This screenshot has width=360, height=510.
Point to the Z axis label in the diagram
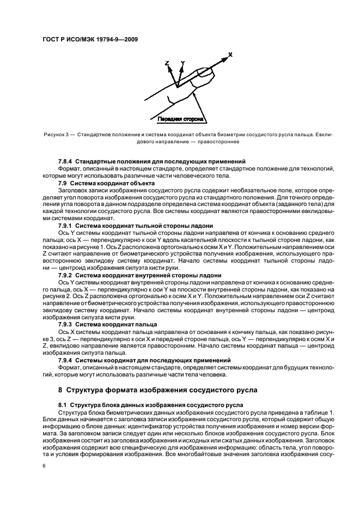coord(167,64)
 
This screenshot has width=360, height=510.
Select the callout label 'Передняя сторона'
coord(180,118)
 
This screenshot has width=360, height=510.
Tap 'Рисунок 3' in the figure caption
coord(57,133)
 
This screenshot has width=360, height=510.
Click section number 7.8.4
coord(66,162)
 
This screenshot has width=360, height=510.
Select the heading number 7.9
coord(63,182)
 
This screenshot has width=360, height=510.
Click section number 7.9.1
coord(66,224)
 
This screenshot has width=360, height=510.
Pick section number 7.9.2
coord(66,275)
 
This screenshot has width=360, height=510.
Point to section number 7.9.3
coord(66,324)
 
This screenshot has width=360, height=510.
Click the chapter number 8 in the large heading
coord(60,391)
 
